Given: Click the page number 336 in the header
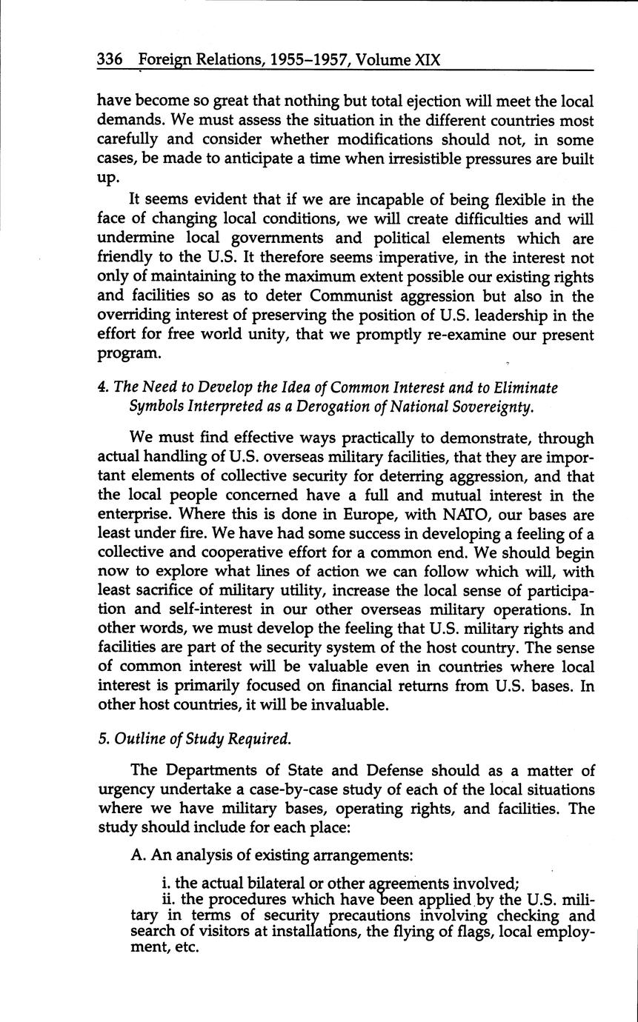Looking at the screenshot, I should pos(110,59).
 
